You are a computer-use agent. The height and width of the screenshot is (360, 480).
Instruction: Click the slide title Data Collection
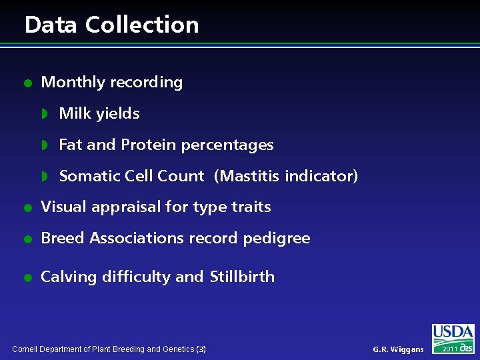click(111, 25)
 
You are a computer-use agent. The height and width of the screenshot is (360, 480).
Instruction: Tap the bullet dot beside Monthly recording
click(27, 83)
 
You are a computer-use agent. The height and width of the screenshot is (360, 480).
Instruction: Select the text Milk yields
click(99, 114)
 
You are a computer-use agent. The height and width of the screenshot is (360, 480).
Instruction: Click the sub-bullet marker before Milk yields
click(45, 114)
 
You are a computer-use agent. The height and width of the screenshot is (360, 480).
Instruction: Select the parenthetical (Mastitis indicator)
click(286, 176)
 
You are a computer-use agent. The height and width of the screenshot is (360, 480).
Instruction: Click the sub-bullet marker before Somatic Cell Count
click(45, 176)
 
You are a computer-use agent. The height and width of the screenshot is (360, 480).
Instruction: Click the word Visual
click(62, 207)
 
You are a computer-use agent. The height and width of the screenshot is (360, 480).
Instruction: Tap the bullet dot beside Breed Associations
click(27, 239)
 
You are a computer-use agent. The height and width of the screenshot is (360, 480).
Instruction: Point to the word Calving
click(69, 277)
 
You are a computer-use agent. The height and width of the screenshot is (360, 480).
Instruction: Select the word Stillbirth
click(242, 277)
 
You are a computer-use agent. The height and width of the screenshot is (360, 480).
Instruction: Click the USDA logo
click(453, 333)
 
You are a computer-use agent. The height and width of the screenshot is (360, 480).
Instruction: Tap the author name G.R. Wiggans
click(398, 349)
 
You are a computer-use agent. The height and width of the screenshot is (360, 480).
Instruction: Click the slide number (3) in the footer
click(202, 349)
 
